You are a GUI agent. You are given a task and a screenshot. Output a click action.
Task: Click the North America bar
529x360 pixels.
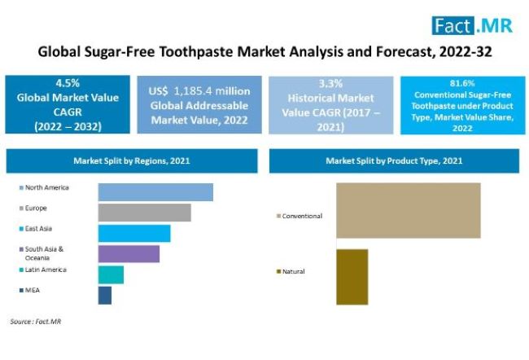[x=155, y=192]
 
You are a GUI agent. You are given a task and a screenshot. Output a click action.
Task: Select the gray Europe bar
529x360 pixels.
[x=144, y=213]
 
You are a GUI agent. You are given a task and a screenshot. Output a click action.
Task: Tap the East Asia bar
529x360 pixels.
[x=134, y=234]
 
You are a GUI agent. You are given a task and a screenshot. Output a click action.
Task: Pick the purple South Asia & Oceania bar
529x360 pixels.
[x=129, y=254]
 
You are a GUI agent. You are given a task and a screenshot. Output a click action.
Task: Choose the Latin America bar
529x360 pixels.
[x=111, y=275]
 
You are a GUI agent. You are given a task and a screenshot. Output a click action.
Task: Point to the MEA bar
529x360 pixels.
[x=105, y=296]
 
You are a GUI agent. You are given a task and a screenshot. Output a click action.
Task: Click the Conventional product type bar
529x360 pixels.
[x=409, y=210]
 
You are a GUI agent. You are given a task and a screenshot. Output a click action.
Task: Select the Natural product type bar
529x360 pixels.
[x=352, y=277]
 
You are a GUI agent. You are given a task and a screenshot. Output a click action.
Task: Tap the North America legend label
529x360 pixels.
[x=47, y=187]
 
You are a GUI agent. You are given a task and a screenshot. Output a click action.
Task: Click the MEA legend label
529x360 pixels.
[x=33, y=290]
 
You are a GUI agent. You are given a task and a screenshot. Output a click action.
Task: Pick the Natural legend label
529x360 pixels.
[x=294, y=271]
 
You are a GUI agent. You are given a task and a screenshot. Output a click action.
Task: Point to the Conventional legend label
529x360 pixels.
[x=302, y=216]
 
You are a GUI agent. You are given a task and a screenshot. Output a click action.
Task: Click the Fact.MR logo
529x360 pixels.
[x=472, y=26]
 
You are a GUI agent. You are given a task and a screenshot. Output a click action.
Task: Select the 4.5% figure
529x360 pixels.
[x=68, y=83]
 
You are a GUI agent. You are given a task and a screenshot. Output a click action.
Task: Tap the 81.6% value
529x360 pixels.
[x=462, y=83]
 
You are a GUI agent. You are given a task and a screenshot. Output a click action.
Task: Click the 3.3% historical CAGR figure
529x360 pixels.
[x=330, y=83]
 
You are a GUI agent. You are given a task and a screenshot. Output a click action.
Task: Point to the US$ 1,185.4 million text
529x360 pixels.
[x=199, y=91]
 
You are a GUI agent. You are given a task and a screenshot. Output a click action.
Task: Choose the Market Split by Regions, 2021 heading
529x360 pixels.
[x=132, y=160]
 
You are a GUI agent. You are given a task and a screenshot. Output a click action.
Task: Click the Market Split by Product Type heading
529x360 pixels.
[x=394, y=160]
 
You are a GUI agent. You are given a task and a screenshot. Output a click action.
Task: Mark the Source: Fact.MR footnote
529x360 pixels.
[x=36, y=322]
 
